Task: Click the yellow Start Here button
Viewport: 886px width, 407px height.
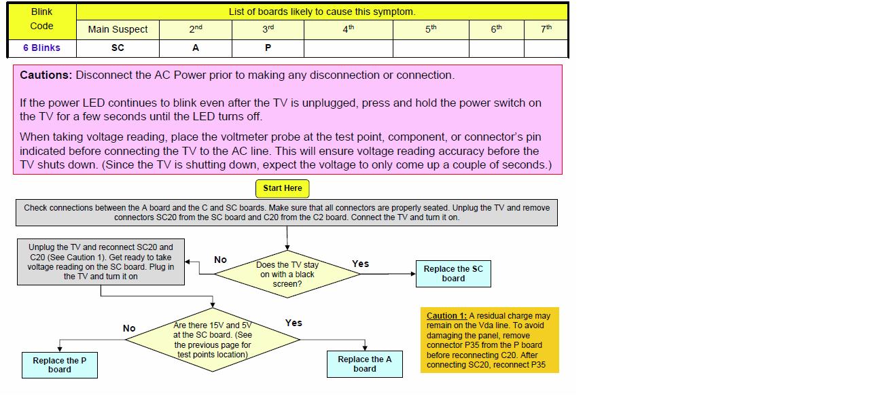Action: point(282,188)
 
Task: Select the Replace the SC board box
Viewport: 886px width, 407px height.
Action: point(453,273)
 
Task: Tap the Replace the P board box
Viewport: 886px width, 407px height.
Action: point(60,365)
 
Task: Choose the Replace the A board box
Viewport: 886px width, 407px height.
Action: point(365,364)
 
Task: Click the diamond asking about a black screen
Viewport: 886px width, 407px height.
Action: point(287,274)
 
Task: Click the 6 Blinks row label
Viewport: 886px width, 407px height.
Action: point(41,48)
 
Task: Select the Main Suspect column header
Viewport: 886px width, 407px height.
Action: point(118,29)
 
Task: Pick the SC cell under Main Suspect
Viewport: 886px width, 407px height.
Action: point(118,48)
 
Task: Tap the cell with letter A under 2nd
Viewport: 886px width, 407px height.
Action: point(196,48)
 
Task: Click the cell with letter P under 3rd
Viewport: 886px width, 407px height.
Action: point(268,48)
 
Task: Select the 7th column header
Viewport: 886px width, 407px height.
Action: point(546,29)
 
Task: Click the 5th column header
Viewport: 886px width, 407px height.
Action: point(431,29)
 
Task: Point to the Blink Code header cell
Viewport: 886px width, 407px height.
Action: point(41,19)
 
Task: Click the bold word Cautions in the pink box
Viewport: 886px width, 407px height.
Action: point(46,75)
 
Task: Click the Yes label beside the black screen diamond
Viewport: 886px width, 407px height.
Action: point(361,264)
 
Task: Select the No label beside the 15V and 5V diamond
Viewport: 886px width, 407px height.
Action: point(129,328)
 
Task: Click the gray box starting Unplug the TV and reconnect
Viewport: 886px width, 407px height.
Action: point(101,262)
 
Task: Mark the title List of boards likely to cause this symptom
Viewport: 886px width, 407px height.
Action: point(322,12)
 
